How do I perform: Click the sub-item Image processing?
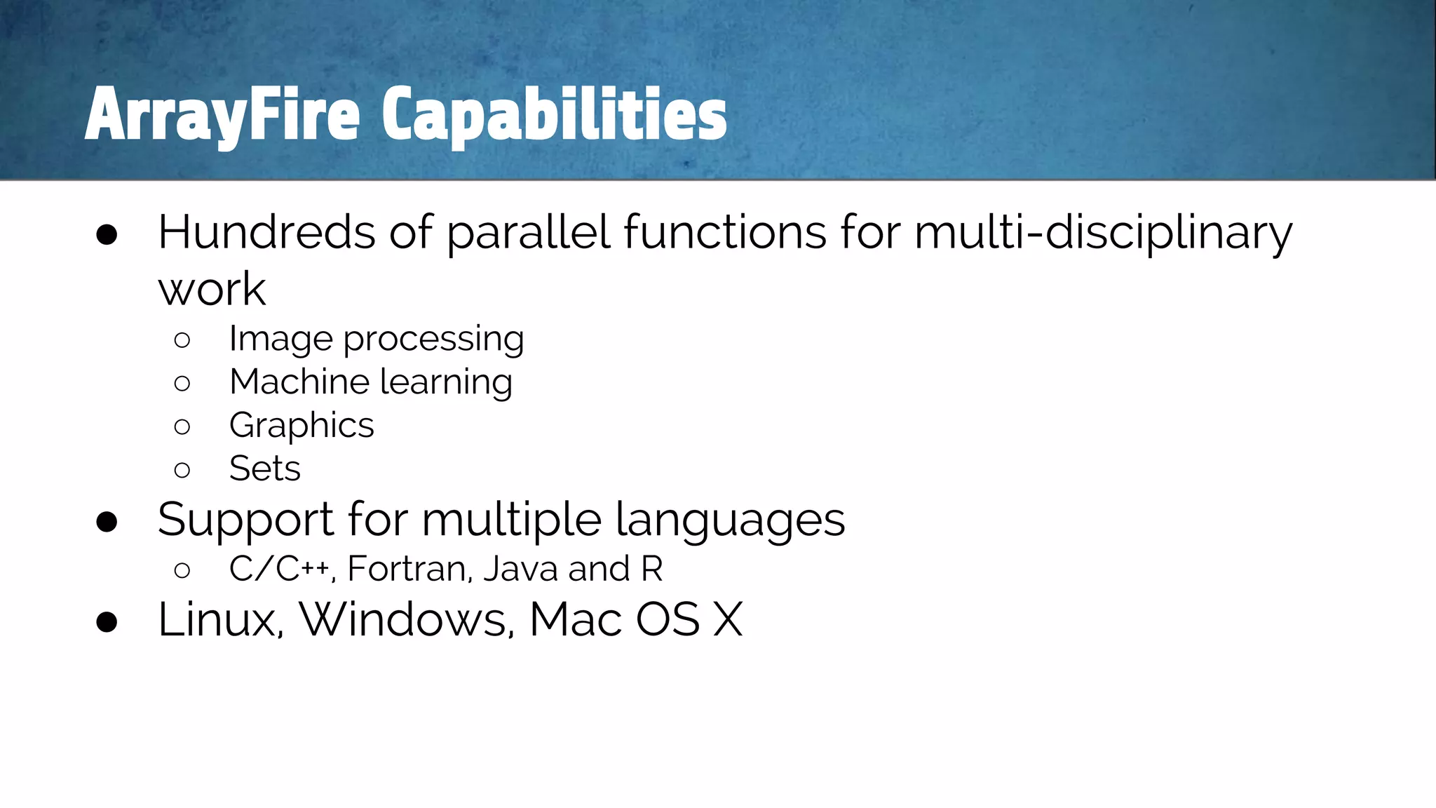point(377,339)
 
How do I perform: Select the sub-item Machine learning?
point(371,383)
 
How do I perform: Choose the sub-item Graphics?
point(302,426)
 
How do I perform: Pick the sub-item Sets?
point(265,469)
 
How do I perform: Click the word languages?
point(730,520)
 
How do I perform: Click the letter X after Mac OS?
point(727,620)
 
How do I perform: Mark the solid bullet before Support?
point(107,523)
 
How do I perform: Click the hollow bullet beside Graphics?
point(182,427)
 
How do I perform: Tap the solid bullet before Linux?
point(107,622)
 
